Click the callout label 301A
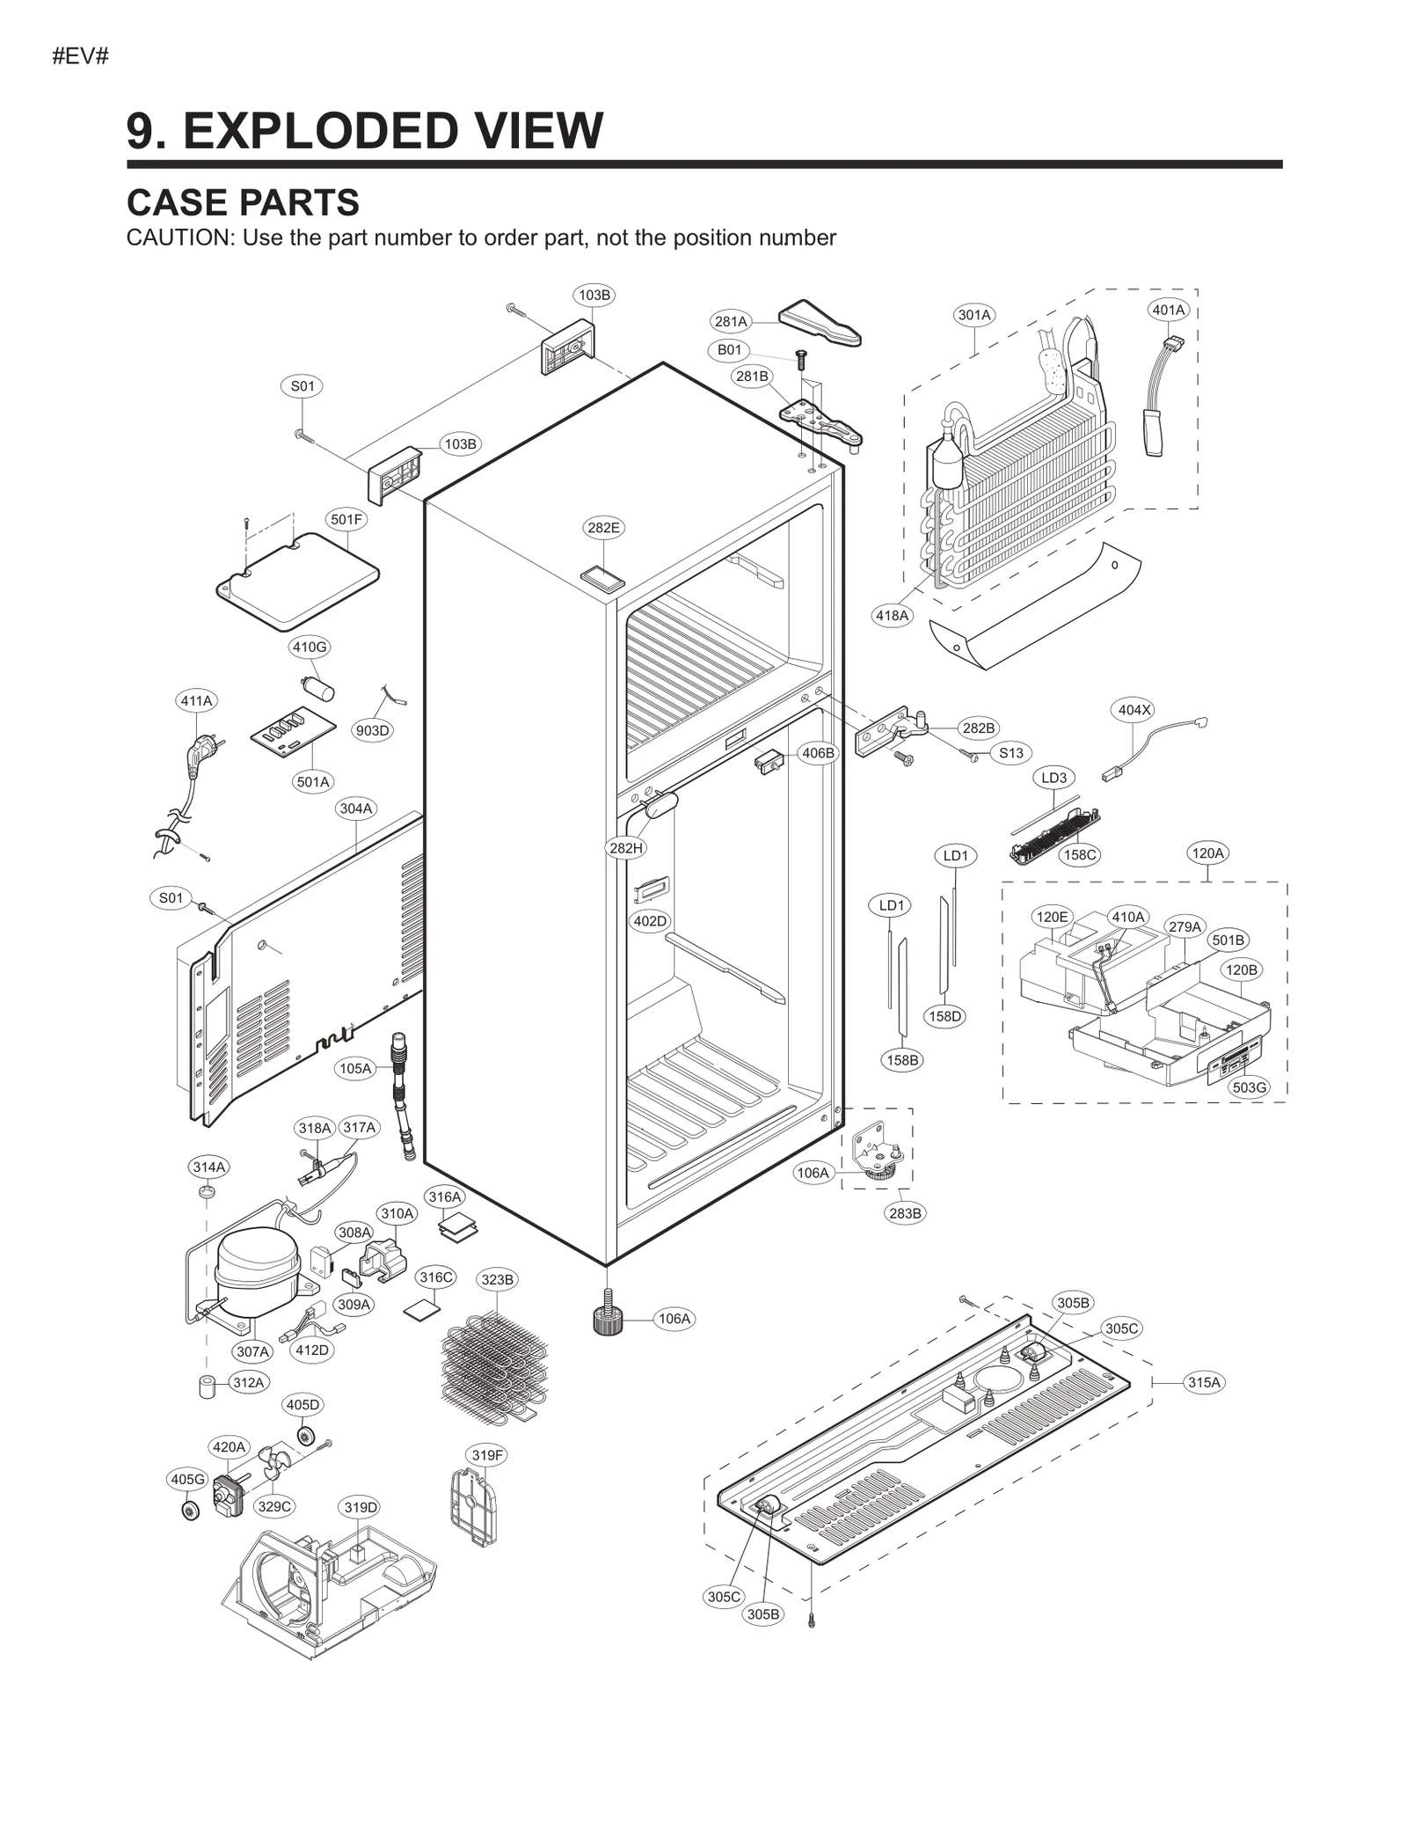pyautogui.click(x=973, y=315)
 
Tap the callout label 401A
pyautogui.click(x=1169, y=310)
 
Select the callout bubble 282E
pyautogui.click(x=603, y=528)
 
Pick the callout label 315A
pyautogui.click(x=1204, y=1382)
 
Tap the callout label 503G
pyautogui.click(x=1249, y=1087)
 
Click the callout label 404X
pyautogui.click(x=1134, y=710)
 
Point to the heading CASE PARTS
pyautogui.click(x=243, y=202)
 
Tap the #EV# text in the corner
pyautogui.click(x=80, y=57)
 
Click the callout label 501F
pyautogui.click(x=346, y=519)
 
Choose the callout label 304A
pyautogui.click(x=356, y=808)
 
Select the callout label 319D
pyautogui.click(x=361, y=1507)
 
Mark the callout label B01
pyautogui.click(x=729, y=350)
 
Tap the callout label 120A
pyautogui.click(x=1207, y=852)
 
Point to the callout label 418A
pyautogui.click(x=892, y=616)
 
